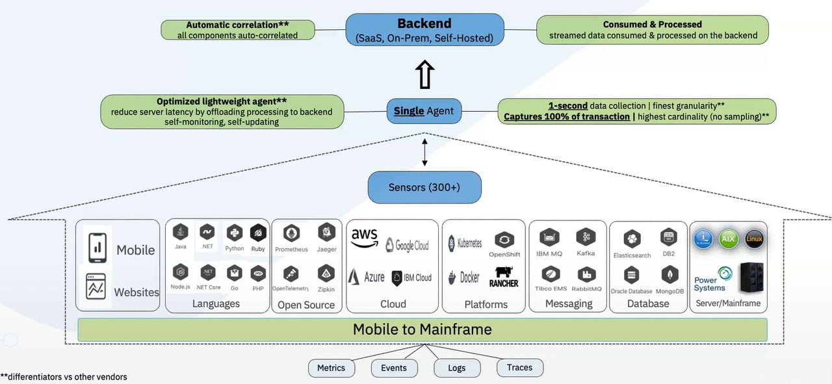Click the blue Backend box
tap(424, 30)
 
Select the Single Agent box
tap(424, 111)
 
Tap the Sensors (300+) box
tap(424, 187)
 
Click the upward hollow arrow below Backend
tap(424, 75)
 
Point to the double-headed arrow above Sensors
tap(424, 152)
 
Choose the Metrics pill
tap(331, 368)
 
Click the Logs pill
tap(457, 368)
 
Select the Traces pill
tap(519, 367)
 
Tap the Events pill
tap(394, 368)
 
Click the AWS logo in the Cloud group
tap(365, 238)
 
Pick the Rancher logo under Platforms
tap(504, 277)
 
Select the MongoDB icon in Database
tap(669, 275)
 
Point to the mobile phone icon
tap(97, 248)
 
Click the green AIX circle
tap(728, 239)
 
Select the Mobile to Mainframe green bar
tap(422, 329)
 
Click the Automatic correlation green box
tap(237, 30)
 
